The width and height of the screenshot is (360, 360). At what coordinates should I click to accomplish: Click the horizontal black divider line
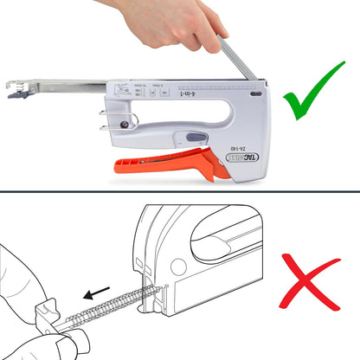pyautogui.click(x=180, y=191)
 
